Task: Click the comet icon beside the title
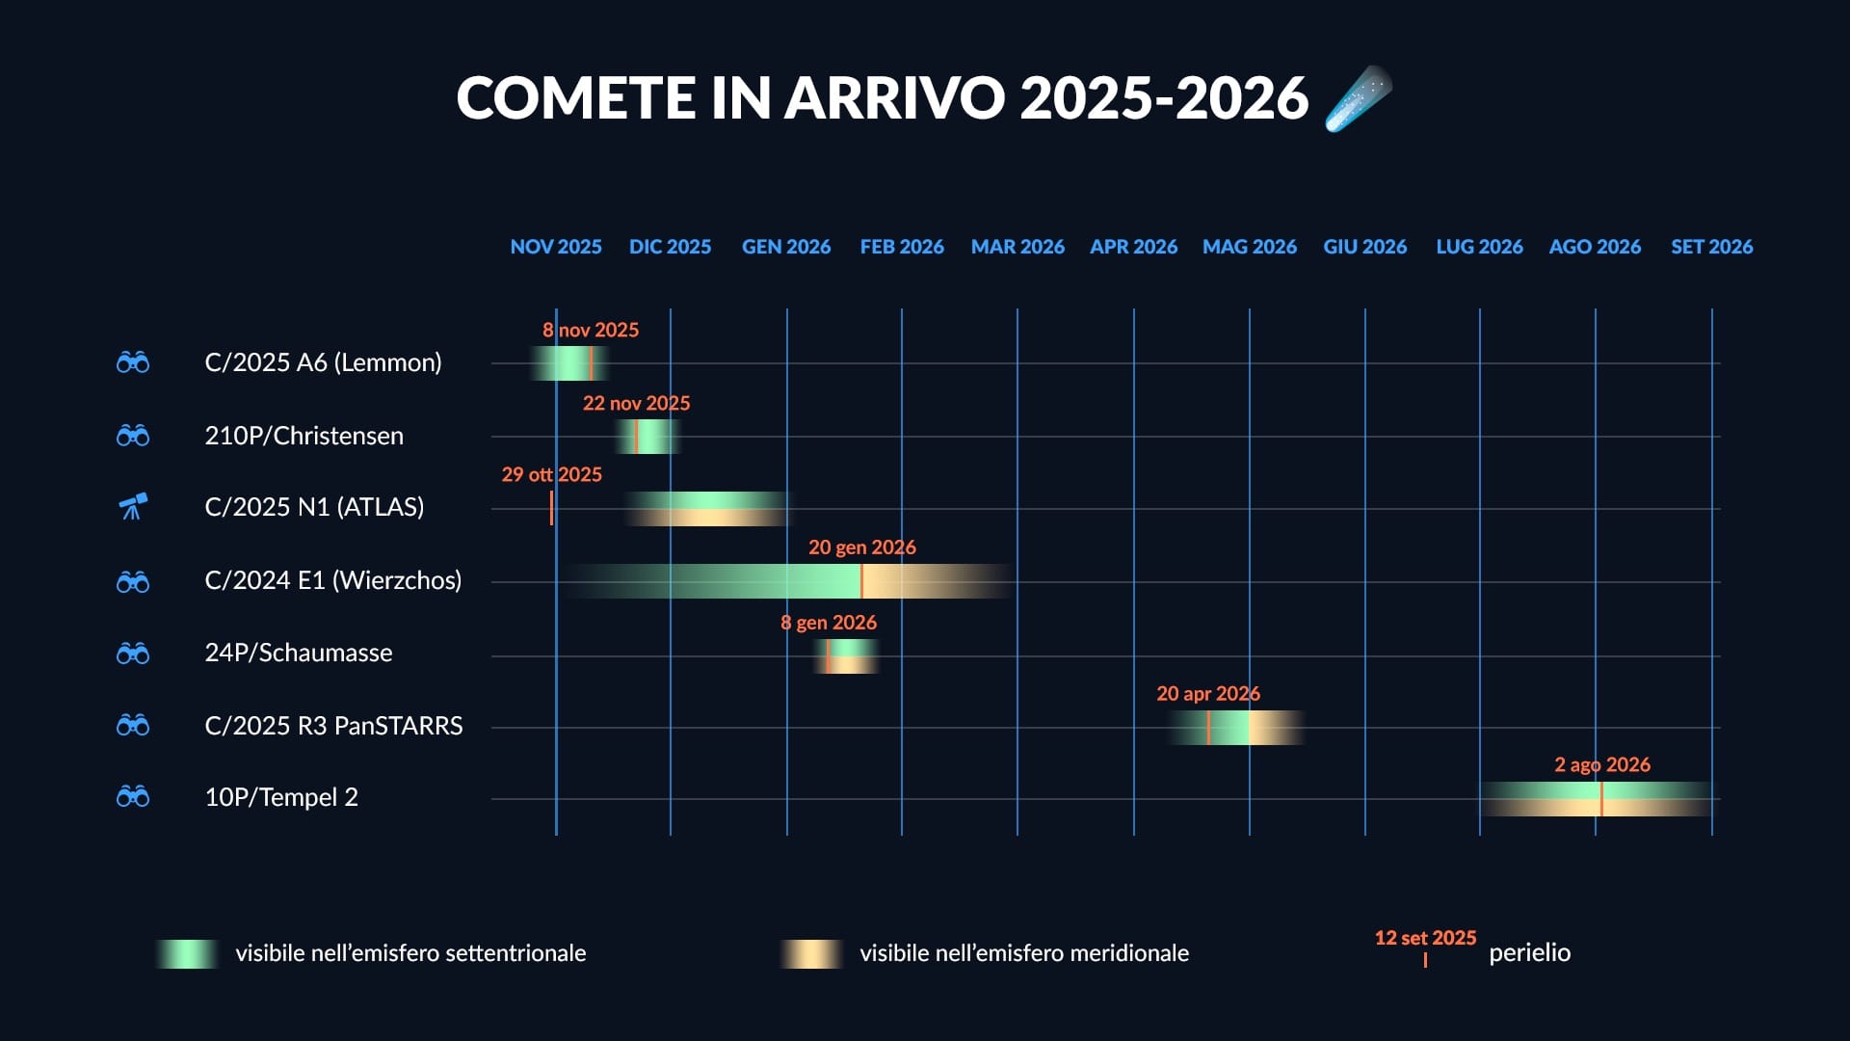tap(1359, 98)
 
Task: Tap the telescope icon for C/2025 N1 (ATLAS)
tap(133, 506)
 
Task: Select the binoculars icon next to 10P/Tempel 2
tap(133, 797)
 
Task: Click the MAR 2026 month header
tap(1017, 247)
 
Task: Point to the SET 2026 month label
tap(1711, 247)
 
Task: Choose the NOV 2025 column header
tap(556, 247)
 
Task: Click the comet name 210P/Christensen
tap(304, 436)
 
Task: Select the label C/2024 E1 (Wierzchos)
tap(332, 580)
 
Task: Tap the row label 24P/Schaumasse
tap(298, 653)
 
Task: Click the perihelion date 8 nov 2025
tap(591, 330)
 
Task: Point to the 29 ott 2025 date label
tap(551, 474)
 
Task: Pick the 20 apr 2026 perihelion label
tap(1208, 694)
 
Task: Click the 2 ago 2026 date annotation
tap(1602, 765)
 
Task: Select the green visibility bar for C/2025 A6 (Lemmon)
tap(568, 363)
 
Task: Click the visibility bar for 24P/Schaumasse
tap(847, 656)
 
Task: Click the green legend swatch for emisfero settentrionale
tap(187, 953)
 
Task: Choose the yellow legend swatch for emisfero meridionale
tap(811, 953)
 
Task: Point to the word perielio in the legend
tap(1529, 953)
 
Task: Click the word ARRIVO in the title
tap(894, 98)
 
